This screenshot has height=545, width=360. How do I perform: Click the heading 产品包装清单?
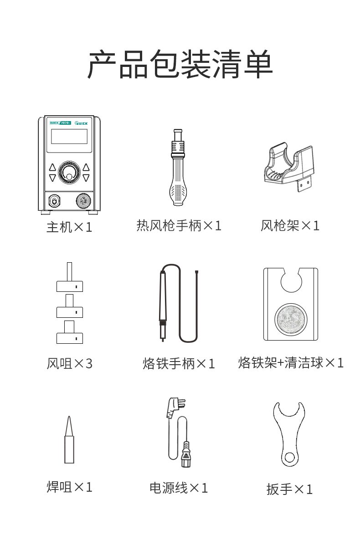tap(180, 64)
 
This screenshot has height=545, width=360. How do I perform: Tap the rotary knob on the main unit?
tap(69, 173)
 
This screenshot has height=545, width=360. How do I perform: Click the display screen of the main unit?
tap(69, 136)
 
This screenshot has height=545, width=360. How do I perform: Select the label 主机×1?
tap(69, 227)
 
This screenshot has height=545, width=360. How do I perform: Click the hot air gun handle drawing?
tap(178, 167)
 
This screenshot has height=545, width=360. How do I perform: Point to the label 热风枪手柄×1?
tap(179, 226)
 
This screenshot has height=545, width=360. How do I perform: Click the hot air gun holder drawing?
tap(289, 166)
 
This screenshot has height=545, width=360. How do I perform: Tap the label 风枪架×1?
tap(290, 226)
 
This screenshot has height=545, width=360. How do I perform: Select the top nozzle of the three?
tap(70, 277)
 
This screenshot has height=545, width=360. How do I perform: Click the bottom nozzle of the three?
tap(70, 332)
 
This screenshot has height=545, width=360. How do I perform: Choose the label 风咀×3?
tap(70, 364)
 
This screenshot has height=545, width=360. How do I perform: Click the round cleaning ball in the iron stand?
tap(291, 319)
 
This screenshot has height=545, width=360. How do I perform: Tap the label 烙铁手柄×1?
tap(179, 364)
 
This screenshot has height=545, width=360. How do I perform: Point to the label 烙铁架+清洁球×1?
tap(291, 363)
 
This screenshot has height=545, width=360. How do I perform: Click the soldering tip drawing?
tap(69, 440)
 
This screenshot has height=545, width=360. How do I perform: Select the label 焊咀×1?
tap(70, 487)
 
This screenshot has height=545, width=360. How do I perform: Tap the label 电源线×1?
tap(179, 488)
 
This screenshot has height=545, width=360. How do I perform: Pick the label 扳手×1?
tap(290, 489)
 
